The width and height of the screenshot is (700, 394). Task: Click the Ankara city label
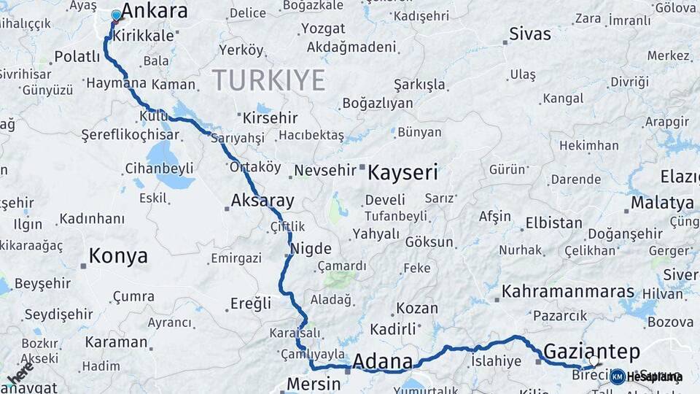pyautogui.click(x=154, y=12)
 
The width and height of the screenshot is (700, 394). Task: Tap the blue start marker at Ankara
pyautogui.click(x=116, y=15)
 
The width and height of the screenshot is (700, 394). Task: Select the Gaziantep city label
pyautogui.click(x=591, y=349)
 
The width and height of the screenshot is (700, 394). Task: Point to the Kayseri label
pyautogui.click(x=402, y=173)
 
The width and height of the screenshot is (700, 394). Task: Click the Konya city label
pyautogui.click(x=118, y=256)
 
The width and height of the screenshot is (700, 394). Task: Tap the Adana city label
pyautogui.click(x=382, y=361)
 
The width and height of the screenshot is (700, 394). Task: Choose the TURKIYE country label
pyautogui.click(x=268, y=80)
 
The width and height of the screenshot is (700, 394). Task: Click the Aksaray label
pyautogui.click(x=262, y=201)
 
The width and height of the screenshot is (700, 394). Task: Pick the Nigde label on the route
pyautogui.click(x=311, y=248)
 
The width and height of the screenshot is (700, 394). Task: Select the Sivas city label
pyautogui.click(x=530, y=34)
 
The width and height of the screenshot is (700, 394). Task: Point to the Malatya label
pyautogui.click(x=662, y=203)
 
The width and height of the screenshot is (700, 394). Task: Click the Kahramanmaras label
pyautogui.click(x=568, y=291)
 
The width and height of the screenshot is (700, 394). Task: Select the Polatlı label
pyautogui.click(x=77, y=57)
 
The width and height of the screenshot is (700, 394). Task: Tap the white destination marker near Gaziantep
pyautogui.click(x=594, y=361)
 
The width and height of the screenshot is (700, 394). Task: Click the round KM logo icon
pyautogui.click(x=617, y=376)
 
